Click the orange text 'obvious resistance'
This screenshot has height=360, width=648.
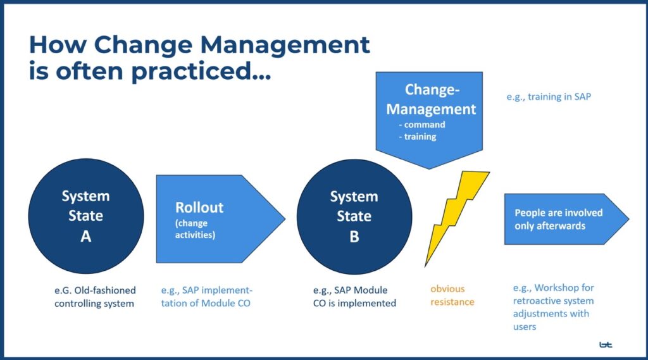(452, 295)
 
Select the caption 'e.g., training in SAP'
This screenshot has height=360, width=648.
(549, 97)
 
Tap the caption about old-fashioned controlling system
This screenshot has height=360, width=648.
(95, 296)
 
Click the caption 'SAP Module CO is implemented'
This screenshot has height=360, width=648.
(354, 296)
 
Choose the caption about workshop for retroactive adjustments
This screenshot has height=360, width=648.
(553, 307)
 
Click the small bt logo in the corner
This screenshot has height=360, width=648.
(606, 345)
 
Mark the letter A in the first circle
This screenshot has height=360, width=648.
(86, 237)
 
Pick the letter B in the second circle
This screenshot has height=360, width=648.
(354, 237)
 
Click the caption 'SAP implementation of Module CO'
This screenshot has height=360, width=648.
(206, 296)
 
